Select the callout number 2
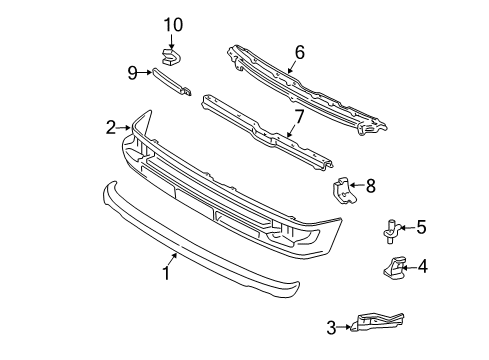[x=110, y=127]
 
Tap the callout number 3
[x=331, y=326]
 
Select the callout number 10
[x=174, y=24]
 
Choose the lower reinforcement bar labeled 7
[x=270, y=131]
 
